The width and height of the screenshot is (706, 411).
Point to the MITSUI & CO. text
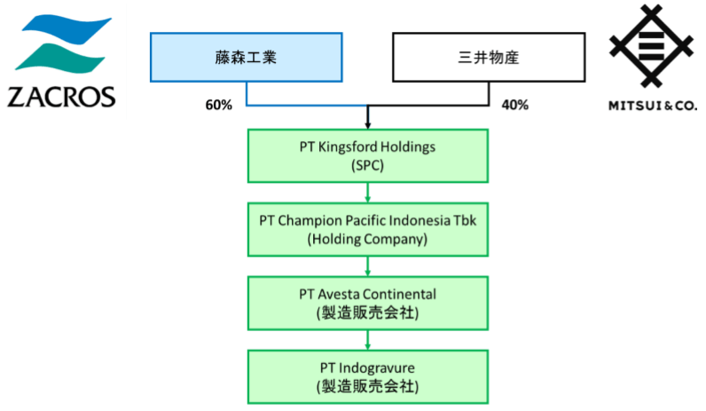(652, 106)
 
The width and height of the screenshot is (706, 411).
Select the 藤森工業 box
(246, 58)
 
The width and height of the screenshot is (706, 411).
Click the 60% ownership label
(218, 105)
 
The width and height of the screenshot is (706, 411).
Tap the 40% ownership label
(514, 105)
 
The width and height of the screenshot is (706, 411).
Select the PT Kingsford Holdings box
(367, 155)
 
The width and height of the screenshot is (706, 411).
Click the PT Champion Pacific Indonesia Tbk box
(367, 229)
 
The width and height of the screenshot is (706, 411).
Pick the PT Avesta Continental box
(367, 303)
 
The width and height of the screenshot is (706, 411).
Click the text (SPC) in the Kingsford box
(367, 165)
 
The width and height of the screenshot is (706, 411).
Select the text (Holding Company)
(367, 239)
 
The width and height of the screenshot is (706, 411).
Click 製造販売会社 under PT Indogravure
(367, 386)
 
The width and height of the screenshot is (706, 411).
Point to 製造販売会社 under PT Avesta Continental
(367, 312)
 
